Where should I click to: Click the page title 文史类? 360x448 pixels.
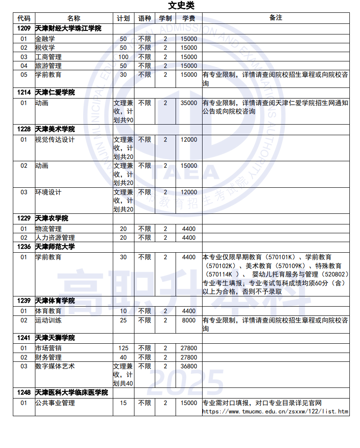pyautogui.click(x=181, y=5)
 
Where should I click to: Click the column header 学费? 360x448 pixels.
pyautogui.click(x=189, y=18)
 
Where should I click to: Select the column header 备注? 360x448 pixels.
pyautogui.click(x=276, y=18)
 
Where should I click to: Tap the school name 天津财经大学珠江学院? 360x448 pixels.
pyautogui.click(x=68, y=28)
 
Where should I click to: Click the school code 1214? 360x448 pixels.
pyautogui.click(x=24, y=92)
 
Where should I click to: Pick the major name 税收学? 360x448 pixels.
pyautogui.click(x=45, y=48)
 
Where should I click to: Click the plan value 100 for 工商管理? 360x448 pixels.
pyautogui.click(x=123, y=57)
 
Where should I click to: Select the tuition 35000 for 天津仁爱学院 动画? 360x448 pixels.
pyautogui.click(x=189, y=103)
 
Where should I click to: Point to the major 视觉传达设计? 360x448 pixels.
pyautogui.click(x=55, y=140)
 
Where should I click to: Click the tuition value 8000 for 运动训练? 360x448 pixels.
pyautogui.click(x=189, y=320)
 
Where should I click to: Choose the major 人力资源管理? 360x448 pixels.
pyautogui.click(x=55, y=238)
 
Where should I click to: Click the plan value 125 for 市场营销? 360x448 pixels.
pyautogui.click(x=123, y=348)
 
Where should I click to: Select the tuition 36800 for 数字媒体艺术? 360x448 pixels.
pyautogui.click(x=189, y=366)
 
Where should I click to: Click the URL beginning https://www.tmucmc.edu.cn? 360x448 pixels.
pyautogui.click(x=275, y=412)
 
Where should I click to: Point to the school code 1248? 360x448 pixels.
pyautogui.click(x=24, y=392)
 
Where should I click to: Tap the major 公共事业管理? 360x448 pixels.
pyautogui.click(x=55, y=403)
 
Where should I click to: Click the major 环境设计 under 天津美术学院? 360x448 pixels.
pyautogui.click(x=48, y=192)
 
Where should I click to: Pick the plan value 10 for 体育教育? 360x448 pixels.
pyautogui.click(x=123, y=311)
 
